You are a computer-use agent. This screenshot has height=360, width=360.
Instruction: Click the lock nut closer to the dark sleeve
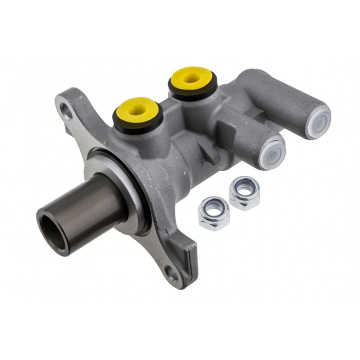(x=214, y=213)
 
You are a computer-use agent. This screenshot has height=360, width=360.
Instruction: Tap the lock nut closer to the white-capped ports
(x=244, y=192)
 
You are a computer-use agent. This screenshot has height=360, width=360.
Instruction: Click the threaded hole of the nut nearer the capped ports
(x=244, y=188)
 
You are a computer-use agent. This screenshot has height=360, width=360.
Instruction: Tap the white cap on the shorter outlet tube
(x=272, y=153)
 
